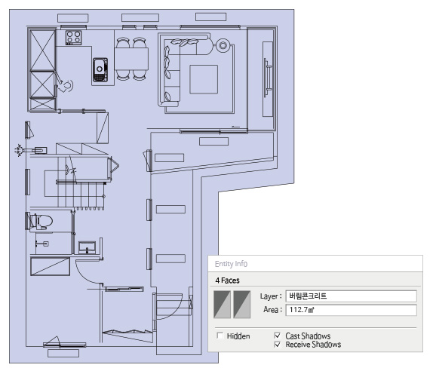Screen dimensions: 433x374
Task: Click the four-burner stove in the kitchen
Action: click(x=73, y=38)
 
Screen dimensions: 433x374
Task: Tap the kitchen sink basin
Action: click(x=100, y=70)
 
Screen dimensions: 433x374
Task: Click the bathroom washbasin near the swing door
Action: click(x=88, y=247)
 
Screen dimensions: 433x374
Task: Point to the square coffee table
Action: click(x=204, y=79)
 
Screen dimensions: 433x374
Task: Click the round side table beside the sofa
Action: click(x=223, y=45)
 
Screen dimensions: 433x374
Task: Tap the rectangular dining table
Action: click(x=131, y=59)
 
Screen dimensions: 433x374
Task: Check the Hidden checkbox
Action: click(x=220, y=336)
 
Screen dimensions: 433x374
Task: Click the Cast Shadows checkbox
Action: click(x=278, y=336)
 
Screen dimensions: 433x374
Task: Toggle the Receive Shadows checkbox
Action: click(x=278, y=344)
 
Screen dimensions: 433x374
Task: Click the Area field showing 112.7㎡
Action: click(x=351, y=310)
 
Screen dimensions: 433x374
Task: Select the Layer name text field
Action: click(x=351, y=296)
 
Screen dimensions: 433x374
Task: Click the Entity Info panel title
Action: click(x=231, y=264)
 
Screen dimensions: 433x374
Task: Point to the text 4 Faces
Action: click(x=227, y=280)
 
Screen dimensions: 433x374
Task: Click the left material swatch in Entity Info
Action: click(x=222, y=305)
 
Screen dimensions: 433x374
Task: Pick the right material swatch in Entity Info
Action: click(x=242, y=305)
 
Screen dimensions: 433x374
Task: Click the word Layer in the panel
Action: click(x=269, y=296)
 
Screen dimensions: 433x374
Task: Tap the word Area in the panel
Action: click(x=271, y=310)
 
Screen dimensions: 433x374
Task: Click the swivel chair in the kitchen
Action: click(x=66, y=86)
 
